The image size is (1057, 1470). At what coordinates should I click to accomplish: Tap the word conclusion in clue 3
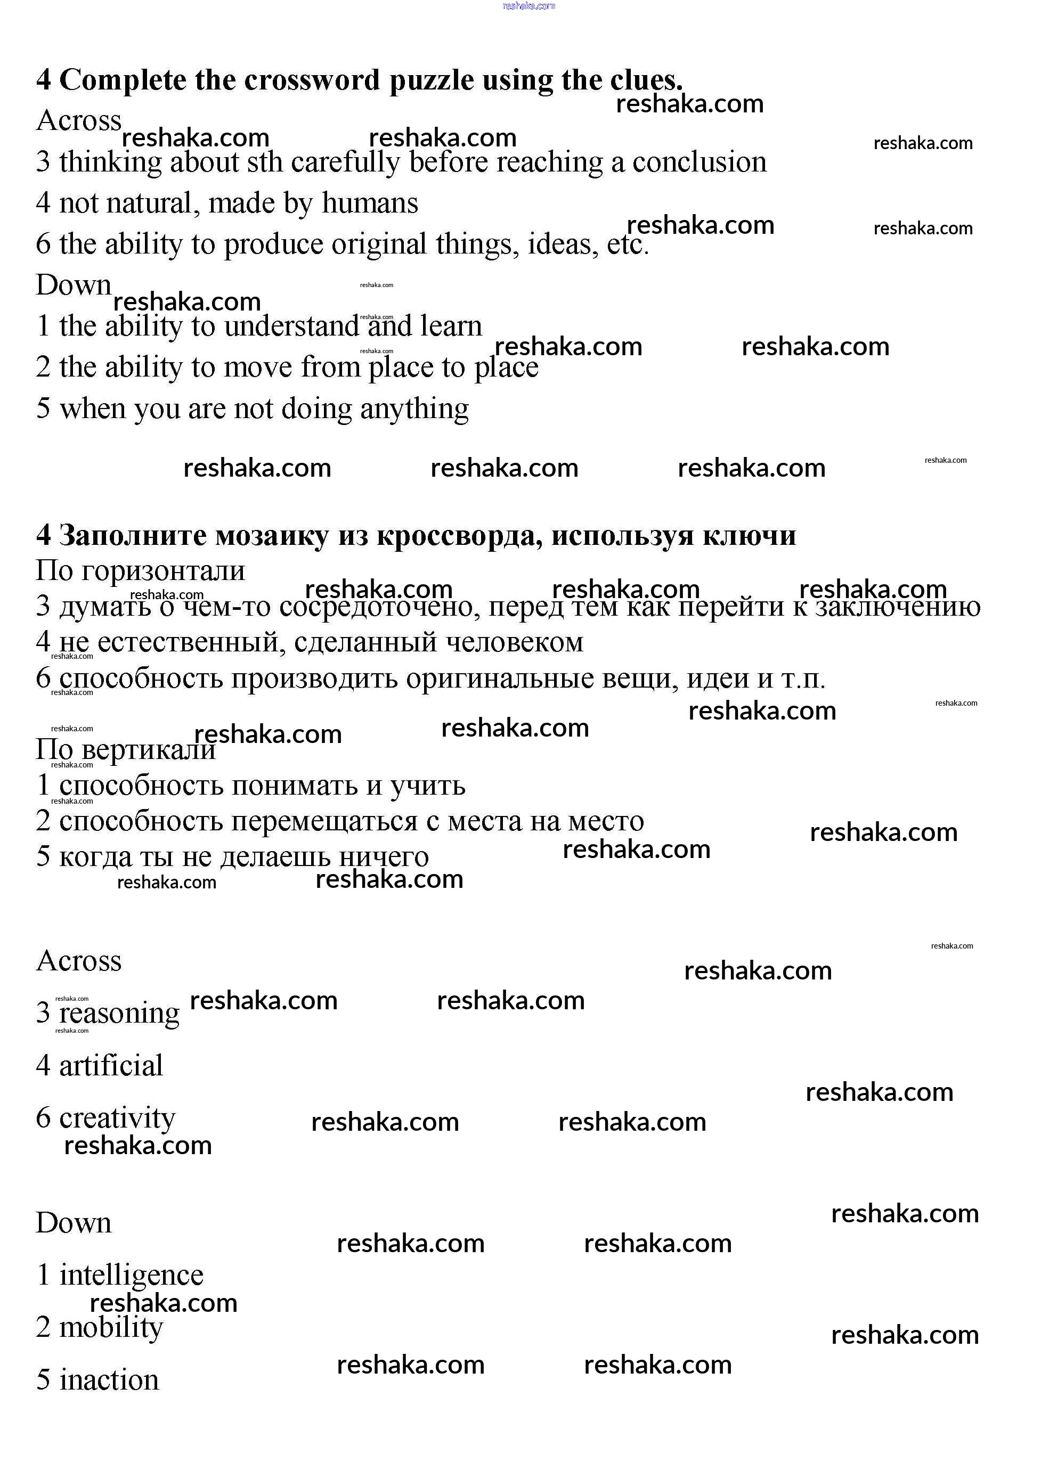(699, 162)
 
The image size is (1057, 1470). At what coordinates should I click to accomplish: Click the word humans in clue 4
(370, 203)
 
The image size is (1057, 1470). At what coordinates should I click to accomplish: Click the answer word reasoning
(119, 1014)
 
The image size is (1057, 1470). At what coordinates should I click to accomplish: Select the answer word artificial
(111, 1066)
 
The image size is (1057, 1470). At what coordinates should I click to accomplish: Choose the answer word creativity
(117, 1118)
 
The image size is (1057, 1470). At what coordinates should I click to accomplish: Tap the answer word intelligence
(131, 1276)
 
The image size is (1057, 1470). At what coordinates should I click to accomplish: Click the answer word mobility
(111, 1327)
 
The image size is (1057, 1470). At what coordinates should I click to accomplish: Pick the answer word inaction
(109, 1380)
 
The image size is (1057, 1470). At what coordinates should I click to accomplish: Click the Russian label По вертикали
(125, 750)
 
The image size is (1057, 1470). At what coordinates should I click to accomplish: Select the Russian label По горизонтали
(140, 571)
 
